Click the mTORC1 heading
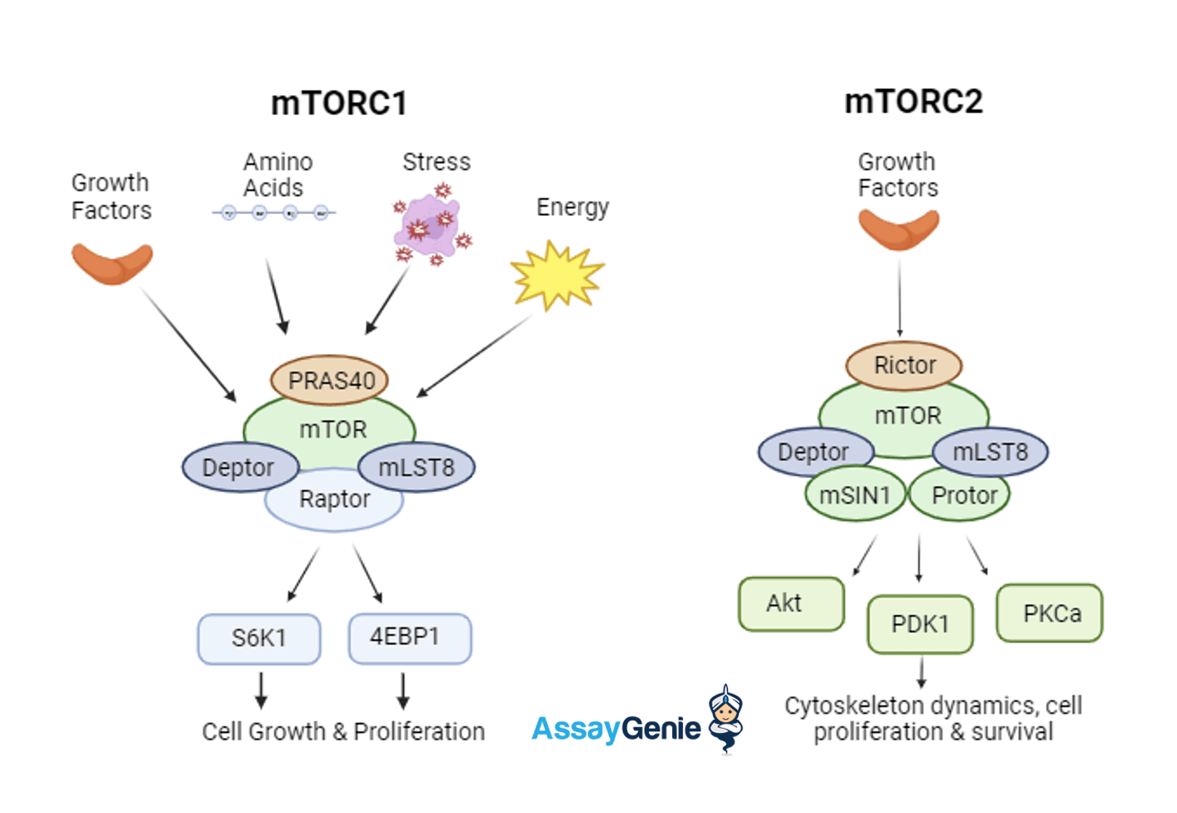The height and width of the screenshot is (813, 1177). pos(339,103)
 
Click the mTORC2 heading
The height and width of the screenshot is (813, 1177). pos(914,102)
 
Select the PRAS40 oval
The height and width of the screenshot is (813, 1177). pos(330,380)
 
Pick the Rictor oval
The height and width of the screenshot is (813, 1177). pos(904,365)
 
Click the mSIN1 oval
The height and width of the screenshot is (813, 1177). pos(855,496)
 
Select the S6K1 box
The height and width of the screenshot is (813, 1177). pos(259,639)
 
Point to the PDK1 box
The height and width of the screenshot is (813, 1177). pos(920,624)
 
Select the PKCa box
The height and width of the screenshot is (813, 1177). pos(1050,613)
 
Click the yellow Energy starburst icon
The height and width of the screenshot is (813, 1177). pos(556,275)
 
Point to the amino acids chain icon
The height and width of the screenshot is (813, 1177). pos(274,213)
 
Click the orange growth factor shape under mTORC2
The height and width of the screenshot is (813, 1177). pos(899,229)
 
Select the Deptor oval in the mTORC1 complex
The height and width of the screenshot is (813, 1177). pos(239,467)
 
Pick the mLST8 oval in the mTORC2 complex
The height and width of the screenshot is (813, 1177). pos(991,452)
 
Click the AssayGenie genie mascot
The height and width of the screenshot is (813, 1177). pos(726,717)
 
